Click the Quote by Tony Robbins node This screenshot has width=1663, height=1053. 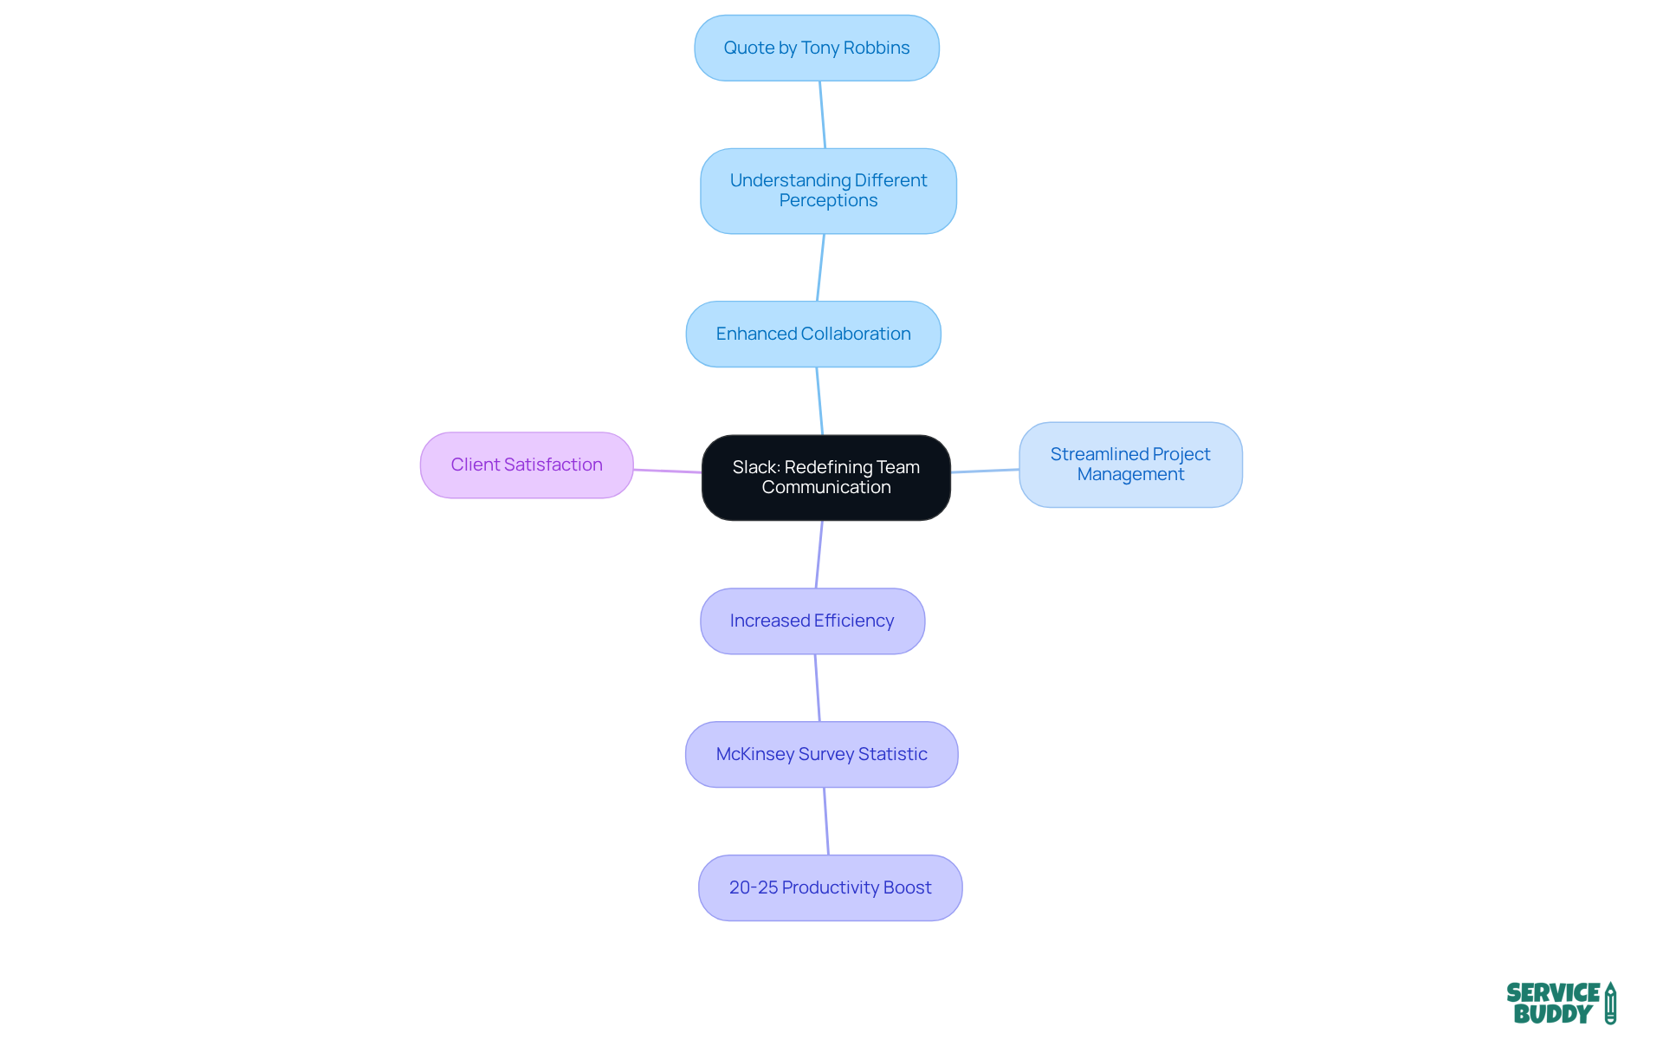816,49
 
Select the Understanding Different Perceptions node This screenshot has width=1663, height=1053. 828,191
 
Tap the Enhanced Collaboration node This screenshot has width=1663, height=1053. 812,334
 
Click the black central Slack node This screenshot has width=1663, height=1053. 825,478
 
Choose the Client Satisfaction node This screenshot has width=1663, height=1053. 526,465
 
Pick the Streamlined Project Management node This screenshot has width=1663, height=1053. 1129,465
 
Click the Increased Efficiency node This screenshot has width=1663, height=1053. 812,621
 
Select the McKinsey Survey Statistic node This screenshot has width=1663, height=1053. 821,755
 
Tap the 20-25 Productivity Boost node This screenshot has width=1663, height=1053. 830,888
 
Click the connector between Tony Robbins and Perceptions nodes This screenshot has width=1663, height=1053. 823,114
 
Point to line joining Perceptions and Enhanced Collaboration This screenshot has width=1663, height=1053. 820,268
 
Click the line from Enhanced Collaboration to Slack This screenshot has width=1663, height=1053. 819,401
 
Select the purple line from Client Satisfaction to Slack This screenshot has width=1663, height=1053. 667,471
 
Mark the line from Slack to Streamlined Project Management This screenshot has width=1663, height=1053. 985,471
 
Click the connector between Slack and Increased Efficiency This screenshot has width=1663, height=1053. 819,555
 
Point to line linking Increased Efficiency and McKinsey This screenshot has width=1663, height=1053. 817,688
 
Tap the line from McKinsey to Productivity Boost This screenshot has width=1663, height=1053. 826,822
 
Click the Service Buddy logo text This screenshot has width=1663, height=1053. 1552,1004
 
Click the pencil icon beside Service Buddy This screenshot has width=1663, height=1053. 1610,1004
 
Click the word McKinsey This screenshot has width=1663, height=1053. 754,755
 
